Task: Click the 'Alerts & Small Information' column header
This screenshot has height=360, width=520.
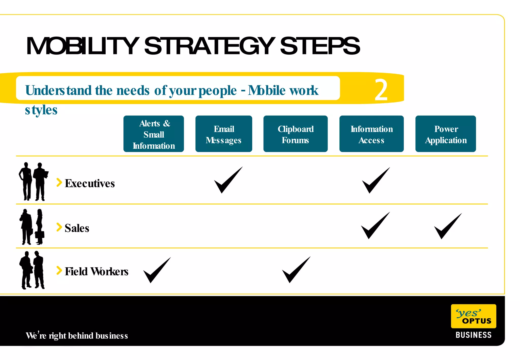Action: (x=154, y=134)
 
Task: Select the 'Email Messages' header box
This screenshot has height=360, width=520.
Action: (x=224, y=134)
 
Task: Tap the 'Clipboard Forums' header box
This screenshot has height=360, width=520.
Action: (x=295, y=134)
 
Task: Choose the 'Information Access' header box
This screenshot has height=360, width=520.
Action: (x=371, y=134)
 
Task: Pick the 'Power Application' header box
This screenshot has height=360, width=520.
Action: (x=446, y=134)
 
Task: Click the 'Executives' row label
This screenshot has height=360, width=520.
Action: (x=90, y=183)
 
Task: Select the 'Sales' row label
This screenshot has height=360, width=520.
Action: (x=77, y=228)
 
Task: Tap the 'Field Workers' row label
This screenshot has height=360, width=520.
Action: (x=96, y=271)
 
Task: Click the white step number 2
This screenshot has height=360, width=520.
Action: (x=381, y=90)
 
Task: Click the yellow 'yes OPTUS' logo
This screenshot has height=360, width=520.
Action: (x=473, y=316)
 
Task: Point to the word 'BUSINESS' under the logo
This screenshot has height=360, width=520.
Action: (x=473, y=335)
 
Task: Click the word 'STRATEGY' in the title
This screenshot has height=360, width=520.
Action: (x=209, y=46)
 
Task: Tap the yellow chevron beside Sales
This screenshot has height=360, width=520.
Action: (x=59, y=227)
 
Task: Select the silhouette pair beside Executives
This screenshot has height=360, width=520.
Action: (x=33, y=182)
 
